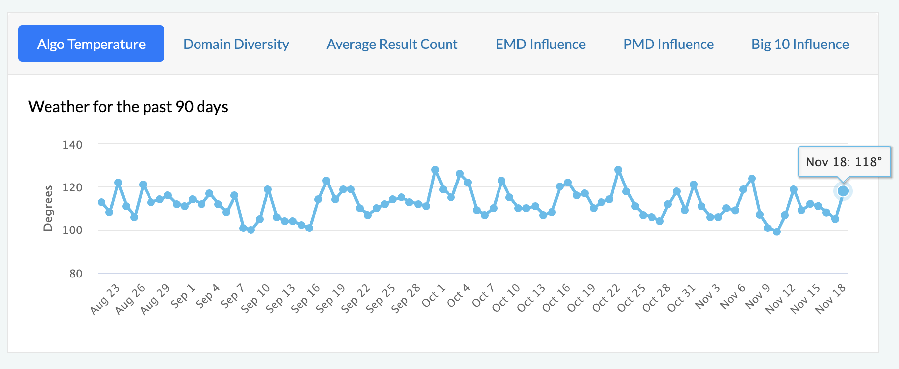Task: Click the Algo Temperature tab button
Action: click(91, 44)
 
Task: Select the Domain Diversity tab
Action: click(236, 44)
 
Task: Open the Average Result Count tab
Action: click(392, 44)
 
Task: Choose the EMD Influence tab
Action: click(540, 44)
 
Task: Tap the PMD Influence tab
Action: click(668, 44)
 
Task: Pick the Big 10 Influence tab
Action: click(800, 44)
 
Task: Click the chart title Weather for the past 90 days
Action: click(128, 107)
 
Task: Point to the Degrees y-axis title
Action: click(48, 208)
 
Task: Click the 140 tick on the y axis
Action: click(72, 145)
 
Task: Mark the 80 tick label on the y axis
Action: click(76, 274)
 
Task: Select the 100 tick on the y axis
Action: click(72, 230)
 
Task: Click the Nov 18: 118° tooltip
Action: click(844, 162)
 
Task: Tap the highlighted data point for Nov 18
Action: click(843, 191)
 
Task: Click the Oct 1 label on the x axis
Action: click(434, 295)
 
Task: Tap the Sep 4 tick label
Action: click(208, 296)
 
